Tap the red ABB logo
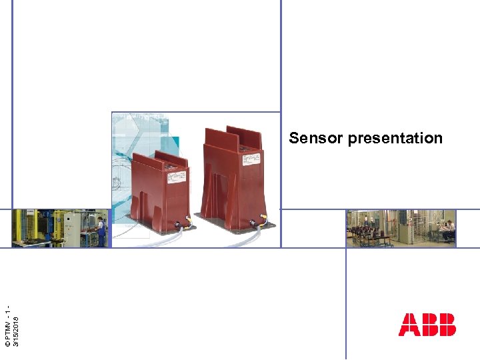click(427, 324)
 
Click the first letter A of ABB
click(408, 324)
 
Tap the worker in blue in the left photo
click(101, 230)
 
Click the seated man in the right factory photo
click(449, 231)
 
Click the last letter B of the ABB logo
click(447, 324)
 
